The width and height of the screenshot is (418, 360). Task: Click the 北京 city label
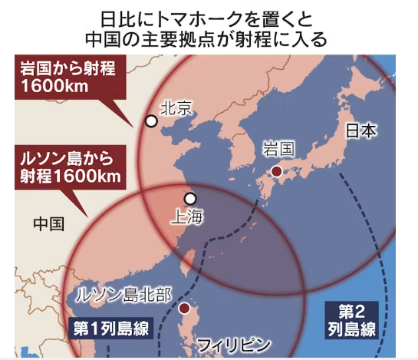[176, 109]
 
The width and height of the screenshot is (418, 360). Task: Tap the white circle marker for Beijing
[152, 121]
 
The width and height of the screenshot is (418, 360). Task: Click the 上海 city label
[189, 216]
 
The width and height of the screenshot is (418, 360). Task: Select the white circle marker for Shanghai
[190, 198]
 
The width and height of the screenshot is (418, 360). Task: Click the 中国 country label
[49, 224]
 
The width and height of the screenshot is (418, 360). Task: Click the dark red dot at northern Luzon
[184, 309]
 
